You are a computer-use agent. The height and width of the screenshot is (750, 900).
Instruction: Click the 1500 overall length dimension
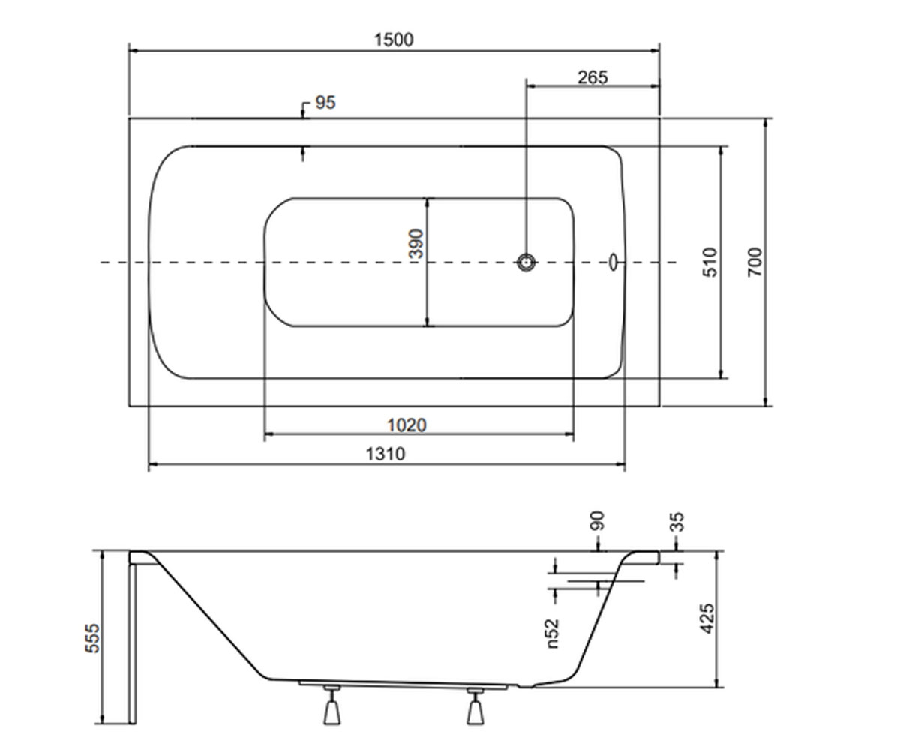pyautogui.click(x=394, y=40)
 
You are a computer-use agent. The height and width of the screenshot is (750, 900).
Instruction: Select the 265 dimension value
pyautogui.click(x=592, y=77)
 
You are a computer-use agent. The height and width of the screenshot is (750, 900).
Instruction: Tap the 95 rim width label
pyautogui.click(x=325, y=103)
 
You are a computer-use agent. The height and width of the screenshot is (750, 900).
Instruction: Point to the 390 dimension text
pyautogui.click(x=416, y=244)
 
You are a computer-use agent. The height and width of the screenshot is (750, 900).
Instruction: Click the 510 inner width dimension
pyautogui.click(x=710, y=262)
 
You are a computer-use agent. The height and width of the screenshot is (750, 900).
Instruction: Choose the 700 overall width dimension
pyautogui.click(x=754, y=262)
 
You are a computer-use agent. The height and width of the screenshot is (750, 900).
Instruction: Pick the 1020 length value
pyautogui.click(x=406, y=425)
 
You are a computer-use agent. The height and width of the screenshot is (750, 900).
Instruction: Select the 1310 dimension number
pyautogui.click(x=385, y=454)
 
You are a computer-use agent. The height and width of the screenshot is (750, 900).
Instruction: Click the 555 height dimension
pyautogui.click(x=92, y=638)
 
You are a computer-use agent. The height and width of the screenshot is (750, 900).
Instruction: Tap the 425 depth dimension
pyautogui.click(x=706, y=619)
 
